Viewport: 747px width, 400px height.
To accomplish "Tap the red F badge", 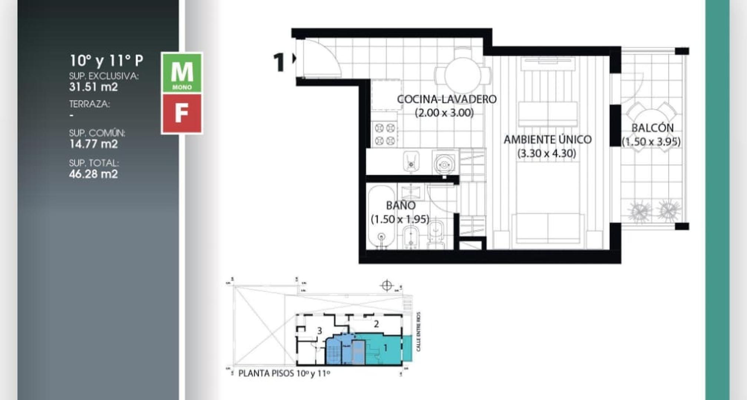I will [x=182, y=113].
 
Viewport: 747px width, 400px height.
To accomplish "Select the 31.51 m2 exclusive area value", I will [x=93, y=87].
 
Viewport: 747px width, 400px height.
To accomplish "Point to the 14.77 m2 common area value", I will [x=93, y=144].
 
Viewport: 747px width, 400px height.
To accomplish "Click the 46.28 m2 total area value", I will [x=93, y=174].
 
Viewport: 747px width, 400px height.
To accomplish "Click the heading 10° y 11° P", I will [x=106, y=60].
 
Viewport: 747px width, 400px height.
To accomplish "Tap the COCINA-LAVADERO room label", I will [x=447, y=99].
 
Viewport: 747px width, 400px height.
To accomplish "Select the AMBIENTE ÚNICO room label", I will [x=548, y=140].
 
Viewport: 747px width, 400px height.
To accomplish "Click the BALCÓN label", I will [x=652, y=128].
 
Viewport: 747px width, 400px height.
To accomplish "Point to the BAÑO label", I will [x=401, y=205].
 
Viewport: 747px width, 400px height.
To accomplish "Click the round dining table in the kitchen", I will [x=463, y=75].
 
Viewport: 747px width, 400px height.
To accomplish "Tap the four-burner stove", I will [x=384, y=134].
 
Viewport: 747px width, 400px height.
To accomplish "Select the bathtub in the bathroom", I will [x=381, y=217].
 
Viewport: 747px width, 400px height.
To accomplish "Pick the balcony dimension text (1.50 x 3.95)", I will [x=651, y=142].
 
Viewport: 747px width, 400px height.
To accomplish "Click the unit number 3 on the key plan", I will [x=319, y=331].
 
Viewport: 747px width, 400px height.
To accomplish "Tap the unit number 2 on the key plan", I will [x=376, y=324].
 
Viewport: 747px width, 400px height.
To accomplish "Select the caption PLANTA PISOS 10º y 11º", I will [x=284, y=373].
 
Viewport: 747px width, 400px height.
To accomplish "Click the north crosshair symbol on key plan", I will [x=387, y=286].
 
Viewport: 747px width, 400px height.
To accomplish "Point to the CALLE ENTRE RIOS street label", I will [x=419, y=332].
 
